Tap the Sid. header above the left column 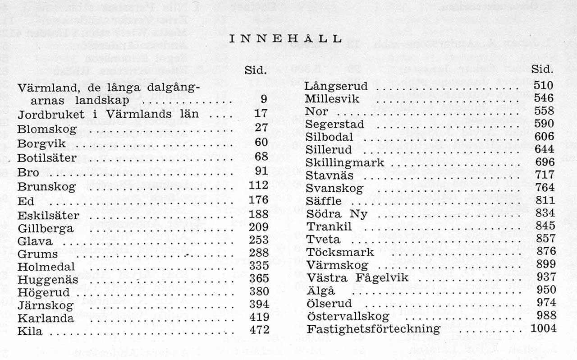coord(256,70)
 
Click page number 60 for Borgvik coord(261,142)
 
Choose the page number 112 coord(258,185)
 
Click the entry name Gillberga coord(46,229)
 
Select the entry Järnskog coord(46,305)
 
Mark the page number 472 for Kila coord(259,330)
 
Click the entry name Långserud coord(336,86)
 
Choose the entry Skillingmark coord(345,162)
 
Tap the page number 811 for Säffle coord(545,200)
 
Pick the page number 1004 coord(543,328)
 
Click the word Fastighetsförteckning coord(373,329)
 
